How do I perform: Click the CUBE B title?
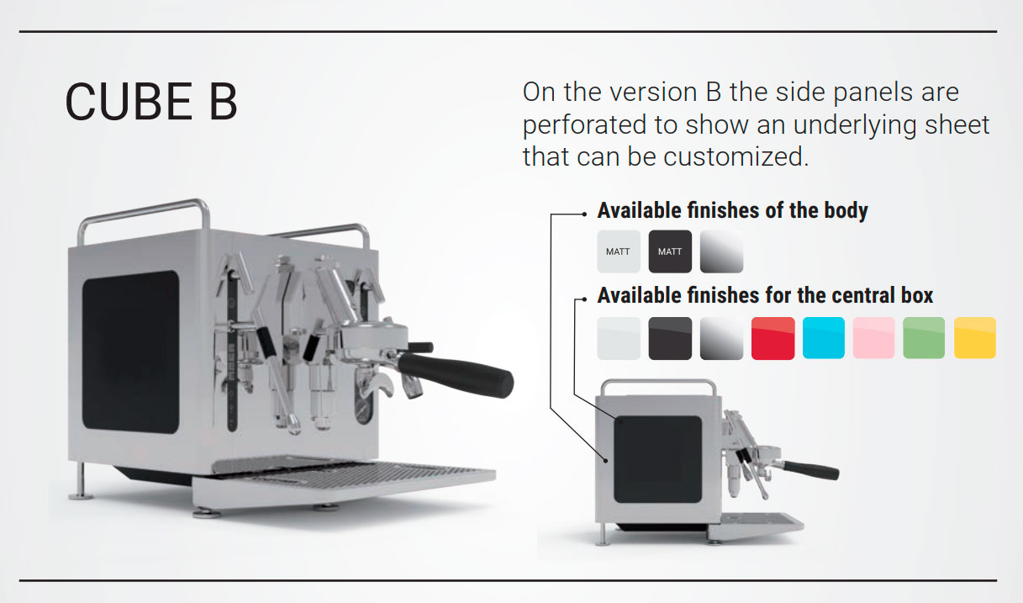(151, 102)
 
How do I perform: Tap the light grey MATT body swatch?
(619, 251)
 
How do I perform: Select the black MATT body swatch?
(670, 251)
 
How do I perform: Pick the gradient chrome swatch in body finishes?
(721, 251)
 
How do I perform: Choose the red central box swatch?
(773, 338)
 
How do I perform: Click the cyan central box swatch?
(824, 338)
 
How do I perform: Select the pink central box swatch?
(873, 338)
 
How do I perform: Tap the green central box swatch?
(924, 338)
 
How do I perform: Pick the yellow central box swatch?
(975, 338)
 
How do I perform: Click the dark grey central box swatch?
(670, 338)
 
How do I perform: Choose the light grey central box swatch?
(619, 338)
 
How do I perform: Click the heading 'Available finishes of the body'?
(732, 210)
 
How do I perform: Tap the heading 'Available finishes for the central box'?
(765, 295)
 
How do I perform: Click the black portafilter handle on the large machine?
(456, 374)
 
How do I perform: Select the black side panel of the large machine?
(130, 352)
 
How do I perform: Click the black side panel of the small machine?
(657, 459)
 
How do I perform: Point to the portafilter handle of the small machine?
(810, 470)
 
